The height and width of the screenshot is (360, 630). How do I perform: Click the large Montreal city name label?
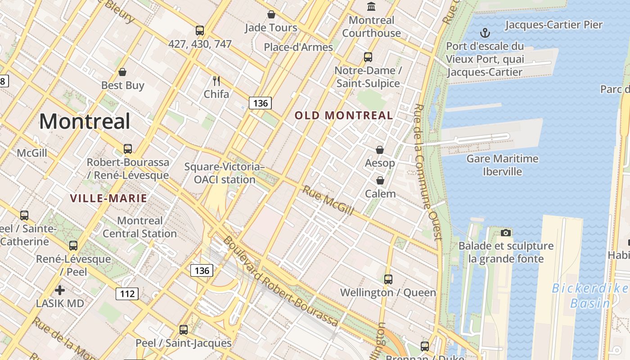[85, 121]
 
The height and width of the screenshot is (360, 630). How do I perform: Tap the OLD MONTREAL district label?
[344, 116]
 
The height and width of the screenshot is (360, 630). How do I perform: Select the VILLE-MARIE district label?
[108, 198]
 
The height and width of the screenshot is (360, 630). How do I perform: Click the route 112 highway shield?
[127, 294]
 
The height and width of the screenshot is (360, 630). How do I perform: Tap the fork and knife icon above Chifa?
[216, 81]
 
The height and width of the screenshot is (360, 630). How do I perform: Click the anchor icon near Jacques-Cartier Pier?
[485, 32]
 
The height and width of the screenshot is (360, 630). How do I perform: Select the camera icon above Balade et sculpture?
[506, 233]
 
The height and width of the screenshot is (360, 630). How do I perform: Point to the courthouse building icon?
[371, 6]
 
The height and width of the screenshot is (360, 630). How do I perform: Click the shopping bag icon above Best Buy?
[122, 72]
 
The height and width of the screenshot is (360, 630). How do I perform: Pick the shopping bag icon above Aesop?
[380, 150]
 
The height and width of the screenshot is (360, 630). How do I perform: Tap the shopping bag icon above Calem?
[380, 180]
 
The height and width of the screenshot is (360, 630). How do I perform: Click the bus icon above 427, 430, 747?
[200, 31]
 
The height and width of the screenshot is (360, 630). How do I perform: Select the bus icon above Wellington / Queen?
[388, 279]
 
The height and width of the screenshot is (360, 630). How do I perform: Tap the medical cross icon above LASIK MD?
[60, 290]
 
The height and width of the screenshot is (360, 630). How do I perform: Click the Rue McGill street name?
[328, 200]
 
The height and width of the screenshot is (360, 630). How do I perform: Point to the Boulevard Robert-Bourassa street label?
[280, 281]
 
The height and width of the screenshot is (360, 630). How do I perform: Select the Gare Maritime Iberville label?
[502, 165]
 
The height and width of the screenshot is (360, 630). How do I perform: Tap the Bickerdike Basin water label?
[589, 295]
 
